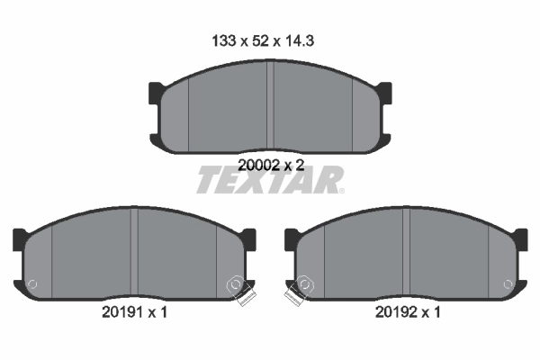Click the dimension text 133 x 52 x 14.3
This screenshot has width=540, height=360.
[x=269, y=40]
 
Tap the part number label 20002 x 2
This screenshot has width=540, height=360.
[x=269, y=165]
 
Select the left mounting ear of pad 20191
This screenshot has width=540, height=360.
[x=20, y=239]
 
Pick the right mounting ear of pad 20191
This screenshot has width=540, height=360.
[x=248, y=239]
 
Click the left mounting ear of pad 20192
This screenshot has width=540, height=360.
[x=292, y=239]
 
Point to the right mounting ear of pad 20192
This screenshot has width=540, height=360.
[x=519, y=239]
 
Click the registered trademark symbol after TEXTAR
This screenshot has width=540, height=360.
[x=340, y=190]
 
